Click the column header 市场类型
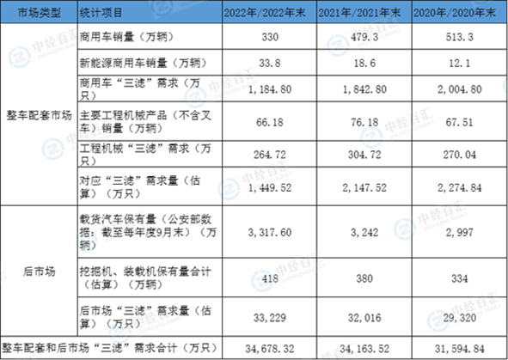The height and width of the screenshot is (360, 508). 39,13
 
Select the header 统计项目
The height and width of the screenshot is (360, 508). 101,13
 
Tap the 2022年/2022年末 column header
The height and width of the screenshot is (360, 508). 265,13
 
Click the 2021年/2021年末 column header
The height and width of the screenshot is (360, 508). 359,13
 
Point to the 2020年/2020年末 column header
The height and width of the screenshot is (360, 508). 455,13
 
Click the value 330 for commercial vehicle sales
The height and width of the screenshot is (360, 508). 270,37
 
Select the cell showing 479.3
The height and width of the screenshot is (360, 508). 364,37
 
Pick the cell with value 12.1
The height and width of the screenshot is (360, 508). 459,63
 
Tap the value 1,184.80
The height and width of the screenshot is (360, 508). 270,89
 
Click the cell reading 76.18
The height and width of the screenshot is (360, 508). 364,122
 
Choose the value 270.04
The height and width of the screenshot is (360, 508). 459,155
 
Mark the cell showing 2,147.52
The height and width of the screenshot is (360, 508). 364,188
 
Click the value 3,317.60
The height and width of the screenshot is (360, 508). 270,233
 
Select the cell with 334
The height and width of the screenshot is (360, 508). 459,278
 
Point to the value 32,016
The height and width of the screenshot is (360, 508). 364,318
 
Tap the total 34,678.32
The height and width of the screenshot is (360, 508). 270,349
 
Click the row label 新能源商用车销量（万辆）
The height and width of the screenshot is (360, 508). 144,63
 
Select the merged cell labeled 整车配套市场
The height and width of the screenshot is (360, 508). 39,115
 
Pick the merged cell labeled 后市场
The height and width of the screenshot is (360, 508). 39,272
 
